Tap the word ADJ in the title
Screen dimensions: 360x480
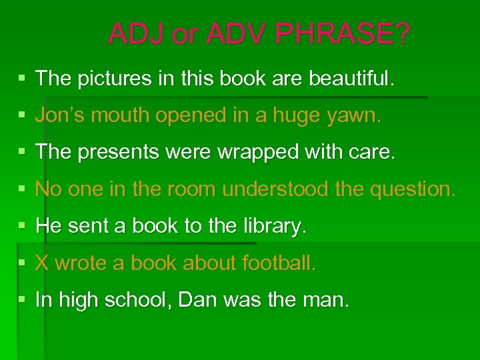137,34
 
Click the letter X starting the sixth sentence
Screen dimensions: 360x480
42,263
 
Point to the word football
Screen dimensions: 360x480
279,263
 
